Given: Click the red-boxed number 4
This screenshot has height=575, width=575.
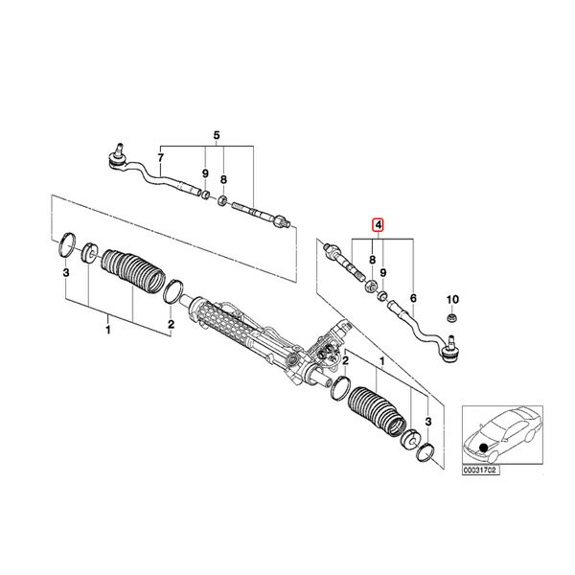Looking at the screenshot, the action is (378, 225).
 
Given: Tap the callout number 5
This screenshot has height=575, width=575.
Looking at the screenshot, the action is (217, 135).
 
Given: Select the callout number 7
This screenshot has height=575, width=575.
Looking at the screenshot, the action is (161, 158).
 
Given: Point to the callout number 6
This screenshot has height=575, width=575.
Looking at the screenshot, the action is (413, 298).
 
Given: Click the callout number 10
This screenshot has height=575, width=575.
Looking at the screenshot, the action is (452, 300).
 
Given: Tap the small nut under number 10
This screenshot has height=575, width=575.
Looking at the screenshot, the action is (452, 318).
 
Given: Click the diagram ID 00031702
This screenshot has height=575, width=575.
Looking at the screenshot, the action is (481, 470).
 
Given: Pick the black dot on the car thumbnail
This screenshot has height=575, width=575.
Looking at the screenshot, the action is (484, 448).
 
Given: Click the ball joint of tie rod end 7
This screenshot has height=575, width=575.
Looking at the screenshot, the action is (118, 158).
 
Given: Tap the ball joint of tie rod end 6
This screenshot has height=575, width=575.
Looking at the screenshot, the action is (450, 350).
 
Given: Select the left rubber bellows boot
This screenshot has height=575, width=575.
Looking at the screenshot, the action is (133, 271).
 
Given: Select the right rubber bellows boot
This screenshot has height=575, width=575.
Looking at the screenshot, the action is (378, 411).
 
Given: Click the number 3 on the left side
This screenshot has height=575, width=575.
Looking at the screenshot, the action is (65, 273).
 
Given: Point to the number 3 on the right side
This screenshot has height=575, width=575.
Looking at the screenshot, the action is (428, 422).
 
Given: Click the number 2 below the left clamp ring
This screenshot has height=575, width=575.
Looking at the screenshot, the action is (171, 324).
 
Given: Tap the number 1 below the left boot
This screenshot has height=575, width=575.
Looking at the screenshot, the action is (107, 330).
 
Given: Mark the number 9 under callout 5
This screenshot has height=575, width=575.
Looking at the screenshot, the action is (205, 173).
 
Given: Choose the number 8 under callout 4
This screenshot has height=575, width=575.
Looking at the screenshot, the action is (372, 260).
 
